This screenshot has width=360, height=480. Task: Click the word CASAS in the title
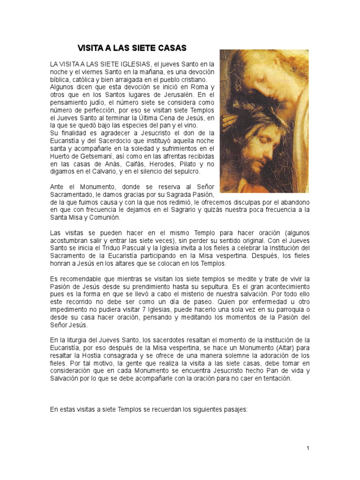point(173,48)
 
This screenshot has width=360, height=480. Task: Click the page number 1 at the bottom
point(308,448)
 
